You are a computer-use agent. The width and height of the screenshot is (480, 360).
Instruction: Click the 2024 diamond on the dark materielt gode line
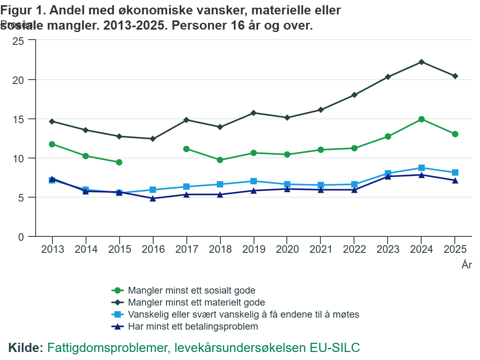point(421,62)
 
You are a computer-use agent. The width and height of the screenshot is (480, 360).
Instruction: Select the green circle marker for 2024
point(421,119)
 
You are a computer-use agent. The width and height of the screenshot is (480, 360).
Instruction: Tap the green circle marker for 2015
point(119,162)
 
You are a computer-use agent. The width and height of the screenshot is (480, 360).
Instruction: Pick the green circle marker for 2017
point(186,149)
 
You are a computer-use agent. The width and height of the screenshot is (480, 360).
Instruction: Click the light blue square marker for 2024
point(421,168)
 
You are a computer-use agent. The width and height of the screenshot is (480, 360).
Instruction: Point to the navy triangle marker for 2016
point(153,198)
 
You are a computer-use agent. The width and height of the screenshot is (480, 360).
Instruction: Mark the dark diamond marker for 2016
point(153,139)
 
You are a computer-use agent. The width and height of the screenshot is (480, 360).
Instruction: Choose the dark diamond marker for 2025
point(455,76)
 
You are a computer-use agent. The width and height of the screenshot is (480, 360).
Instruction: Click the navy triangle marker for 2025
point(455,180)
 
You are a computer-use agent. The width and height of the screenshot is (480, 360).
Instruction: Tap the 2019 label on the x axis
point(254,250)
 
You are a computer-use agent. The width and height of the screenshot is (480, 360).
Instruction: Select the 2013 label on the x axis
point(52,250)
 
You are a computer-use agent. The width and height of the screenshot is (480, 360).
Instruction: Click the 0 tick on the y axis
point(21,237)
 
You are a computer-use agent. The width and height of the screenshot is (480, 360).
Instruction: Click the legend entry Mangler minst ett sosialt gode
point(192,290)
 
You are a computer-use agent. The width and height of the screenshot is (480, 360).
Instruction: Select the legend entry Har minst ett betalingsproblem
point(193,326)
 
